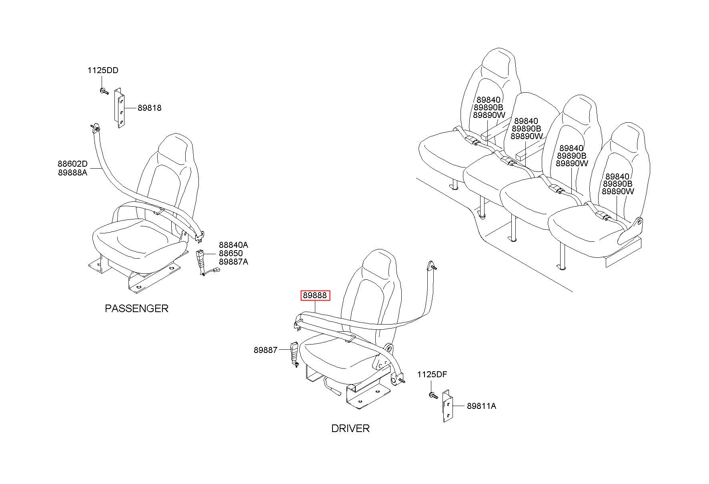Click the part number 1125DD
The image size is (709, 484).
(x=103, y=71)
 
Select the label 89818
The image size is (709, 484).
(x=150, y=108)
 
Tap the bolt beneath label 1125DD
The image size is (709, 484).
(x=104, y=91)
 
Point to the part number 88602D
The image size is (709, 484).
(x=72, y=164)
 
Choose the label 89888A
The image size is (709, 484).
(x=72, y=173)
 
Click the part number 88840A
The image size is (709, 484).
(x=233, y=245)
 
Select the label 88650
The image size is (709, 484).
(x=230, y=253)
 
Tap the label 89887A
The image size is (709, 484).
(x=233, y=262)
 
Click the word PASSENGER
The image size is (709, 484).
(x=136, y=309)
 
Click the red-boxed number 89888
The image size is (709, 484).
(x=315, y=296)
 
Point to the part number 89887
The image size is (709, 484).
(x=265, y=350)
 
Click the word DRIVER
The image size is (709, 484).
(x=350, y=428)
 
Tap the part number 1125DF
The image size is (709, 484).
(x=432, y=374)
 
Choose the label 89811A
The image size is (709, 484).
(x=481, y=406)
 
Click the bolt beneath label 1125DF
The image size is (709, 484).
(x=432, y=395)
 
